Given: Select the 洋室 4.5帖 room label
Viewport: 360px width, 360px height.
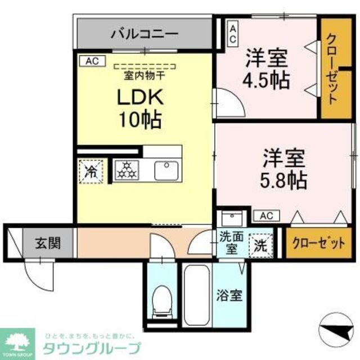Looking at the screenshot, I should point(267,69).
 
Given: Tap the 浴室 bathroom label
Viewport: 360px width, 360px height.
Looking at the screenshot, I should point(230,295).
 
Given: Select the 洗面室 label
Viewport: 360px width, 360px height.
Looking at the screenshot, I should point(229,242).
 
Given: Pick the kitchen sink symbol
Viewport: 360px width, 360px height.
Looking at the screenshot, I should point(166,170).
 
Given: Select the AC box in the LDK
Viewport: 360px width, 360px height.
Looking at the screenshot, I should point(92,61).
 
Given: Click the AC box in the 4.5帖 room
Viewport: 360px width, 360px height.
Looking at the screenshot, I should point(232,33).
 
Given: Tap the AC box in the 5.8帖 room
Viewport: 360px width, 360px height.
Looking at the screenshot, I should point(267,215).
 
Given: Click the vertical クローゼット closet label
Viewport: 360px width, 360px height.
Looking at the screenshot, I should point(332,69).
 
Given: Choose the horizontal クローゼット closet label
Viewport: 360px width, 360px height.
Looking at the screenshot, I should point(318,243).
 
